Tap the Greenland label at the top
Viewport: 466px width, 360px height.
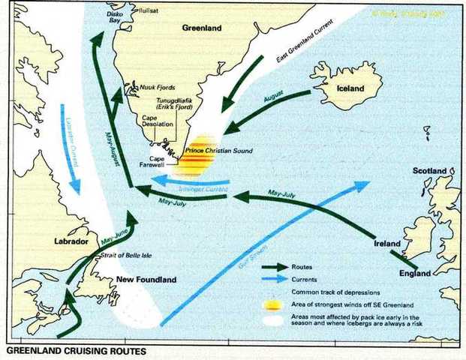pos(203,28)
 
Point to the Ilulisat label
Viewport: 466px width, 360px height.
pos(151,10)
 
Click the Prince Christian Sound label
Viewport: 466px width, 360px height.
pos(218,151)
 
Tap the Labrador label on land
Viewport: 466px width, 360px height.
pos(71,242)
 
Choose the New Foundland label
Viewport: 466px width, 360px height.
pos(146,280)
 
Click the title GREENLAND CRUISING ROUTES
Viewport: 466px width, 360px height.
pos(68,350)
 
